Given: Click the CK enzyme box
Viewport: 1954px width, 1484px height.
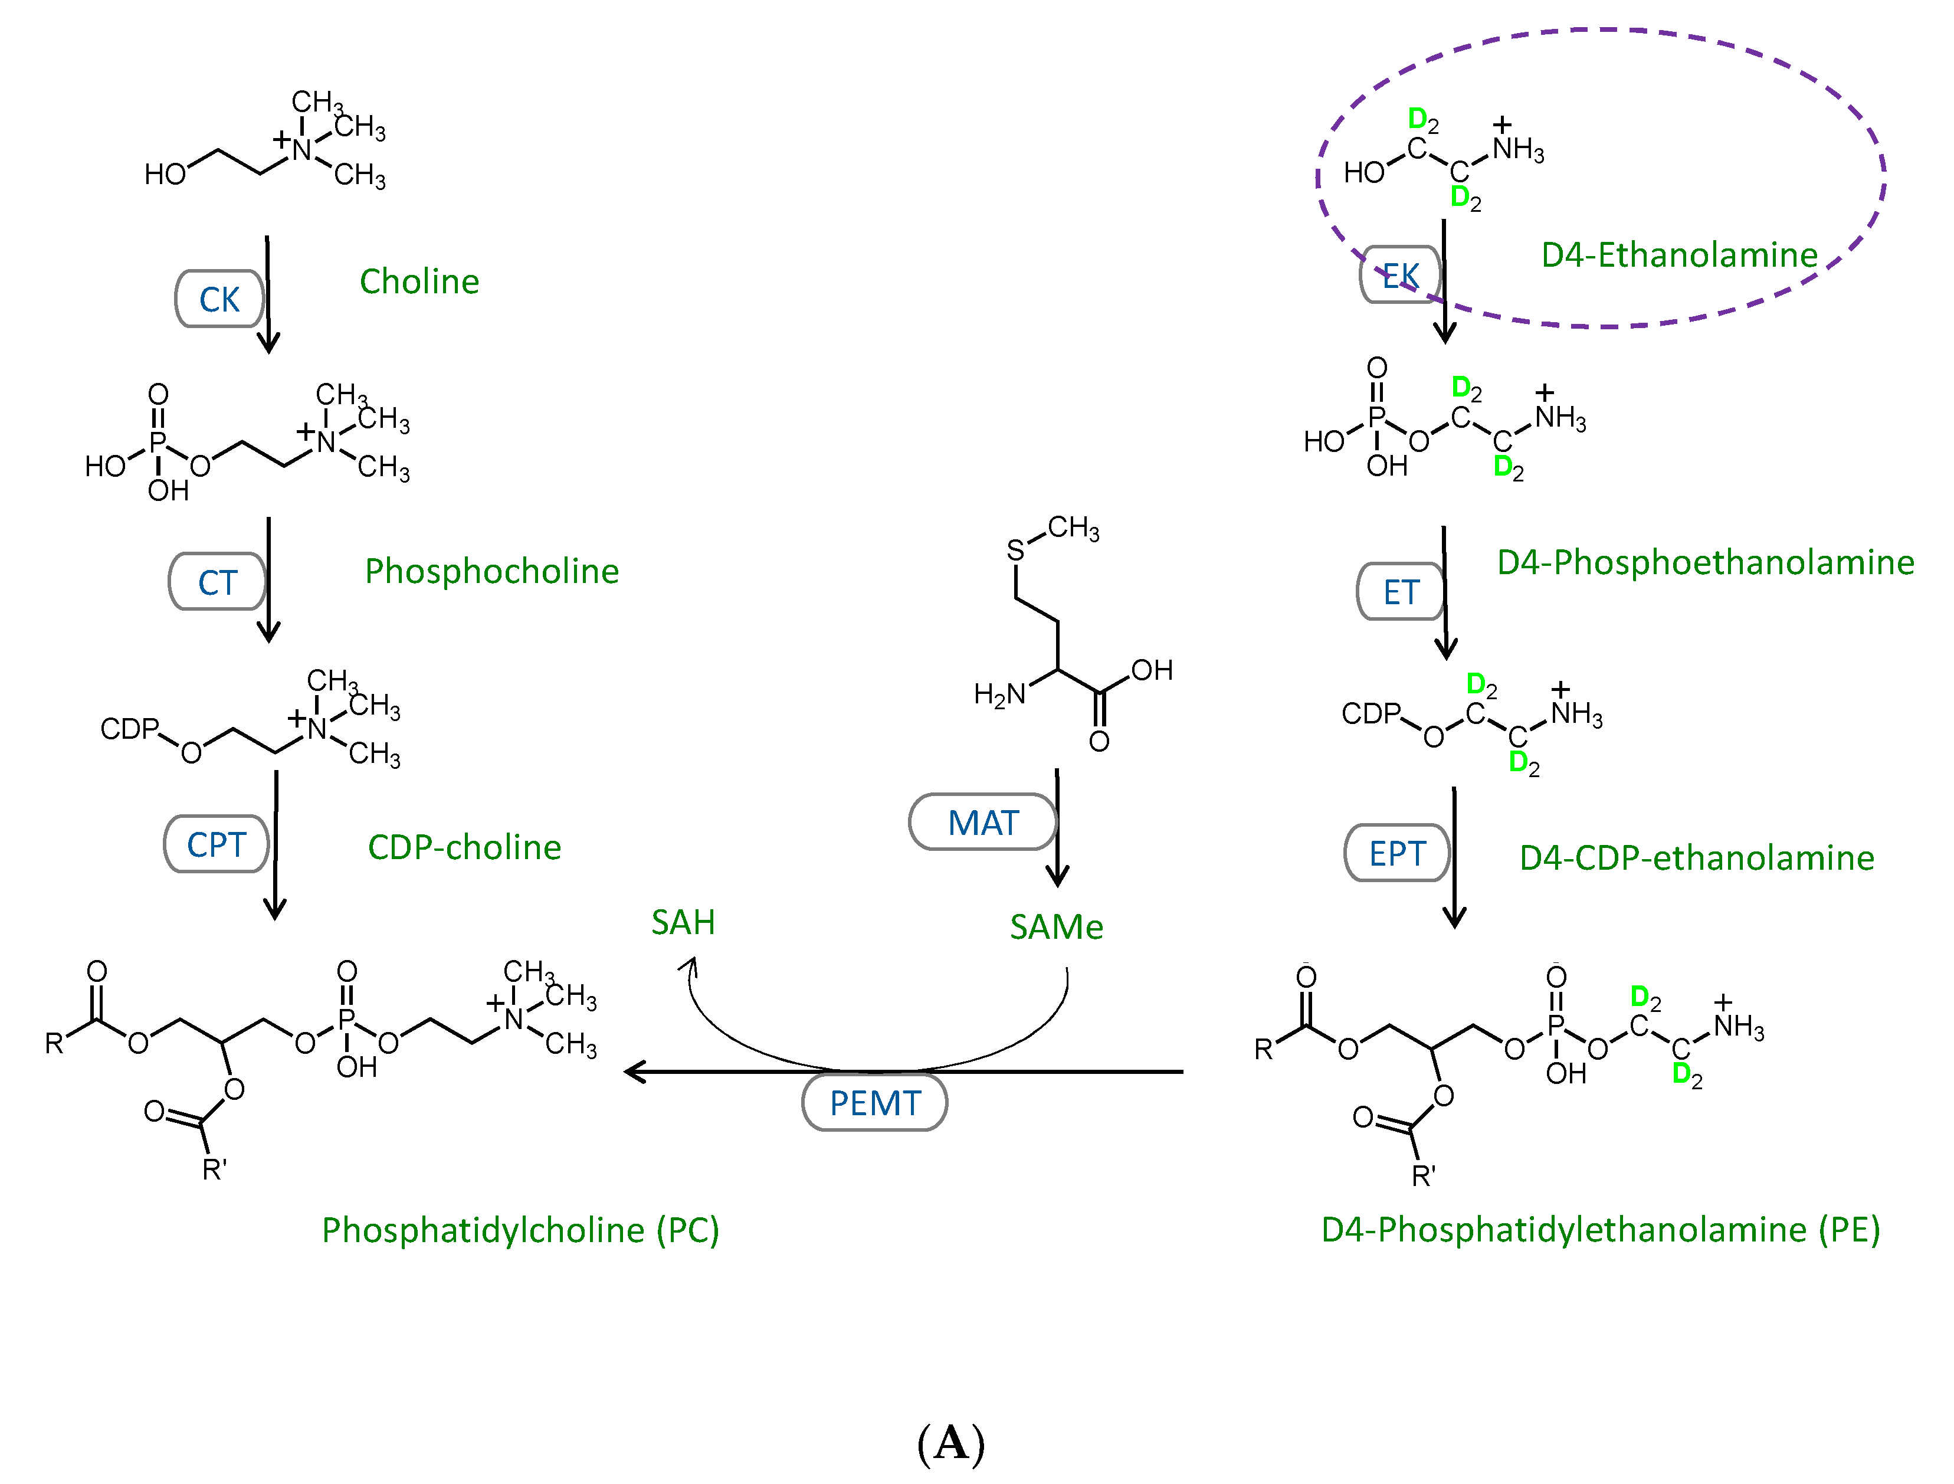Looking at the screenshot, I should [x=219, y=299].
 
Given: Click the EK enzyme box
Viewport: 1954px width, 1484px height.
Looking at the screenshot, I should [x=1399, y=276].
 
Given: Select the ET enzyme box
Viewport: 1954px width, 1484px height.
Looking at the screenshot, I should [x=1400, y=592].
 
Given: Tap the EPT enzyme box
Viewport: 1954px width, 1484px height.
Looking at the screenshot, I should [x=1396, y=853].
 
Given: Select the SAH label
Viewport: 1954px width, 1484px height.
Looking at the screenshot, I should [x=683, y=923].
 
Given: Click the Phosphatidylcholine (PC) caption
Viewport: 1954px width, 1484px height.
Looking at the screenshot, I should [x=520, y=1230].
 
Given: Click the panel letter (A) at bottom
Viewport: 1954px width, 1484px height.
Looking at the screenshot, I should [x=950, y=1443].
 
